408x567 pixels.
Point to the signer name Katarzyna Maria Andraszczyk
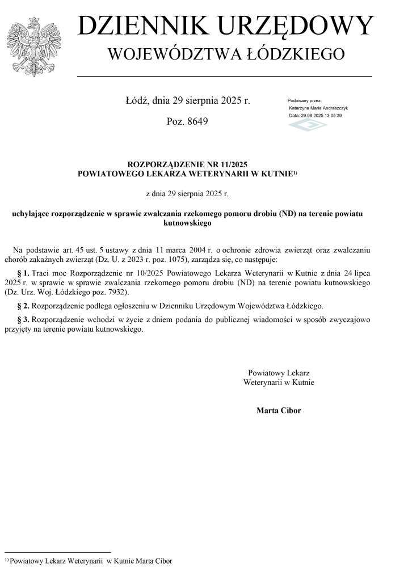(318, 108)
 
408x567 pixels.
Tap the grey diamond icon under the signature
(300, 125)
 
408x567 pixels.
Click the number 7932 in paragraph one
(116, 292)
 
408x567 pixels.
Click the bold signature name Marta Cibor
(279, 410)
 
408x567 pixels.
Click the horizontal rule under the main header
(224, 75)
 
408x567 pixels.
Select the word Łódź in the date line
(137, 101)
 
